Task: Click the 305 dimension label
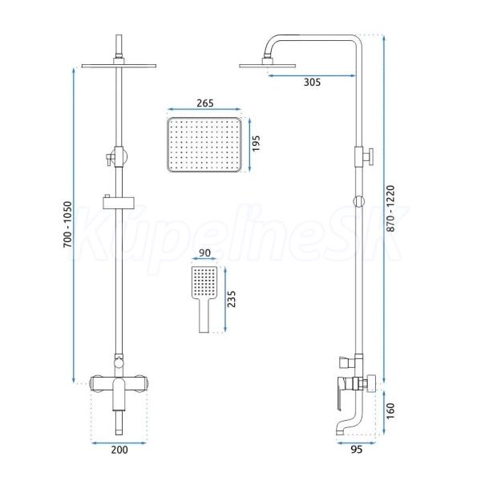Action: click(312, 83)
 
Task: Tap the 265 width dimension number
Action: click(205, 103)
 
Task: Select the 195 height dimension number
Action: click(256, 143)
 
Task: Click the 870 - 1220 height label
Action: click(390, 208)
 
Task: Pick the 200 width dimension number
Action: click(119, 450)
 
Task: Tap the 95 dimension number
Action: click(356, 450)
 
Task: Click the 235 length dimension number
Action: click(232, 299)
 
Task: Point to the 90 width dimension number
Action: click(204, 253)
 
